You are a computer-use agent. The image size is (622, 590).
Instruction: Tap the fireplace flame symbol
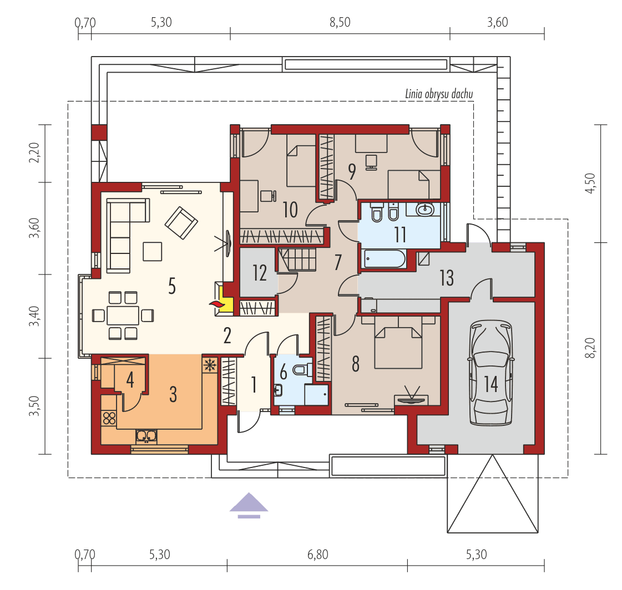pyautogui.click(x=215, y=303)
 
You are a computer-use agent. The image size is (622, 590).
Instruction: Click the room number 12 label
pyautogui.click(x=259, y=273)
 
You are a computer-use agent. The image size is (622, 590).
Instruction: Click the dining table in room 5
pyautogui.click(x=123, y=316)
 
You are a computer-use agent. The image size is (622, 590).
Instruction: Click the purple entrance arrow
pyautogui.click(x=249, y=503)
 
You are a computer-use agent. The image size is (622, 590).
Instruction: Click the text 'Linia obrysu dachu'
pyautogui.click(x=438, y=94)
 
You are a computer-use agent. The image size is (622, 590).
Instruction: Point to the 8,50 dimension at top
pyautogui.click(x=340, y=23)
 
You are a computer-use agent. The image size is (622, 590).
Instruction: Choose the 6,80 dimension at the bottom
pyautogui.click(x=317, y=554)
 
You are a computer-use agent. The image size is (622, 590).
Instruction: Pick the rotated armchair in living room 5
pyautogui.click(x=181, y=222)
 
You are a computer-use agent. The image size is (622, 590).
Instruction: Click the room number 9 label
pyautogui.click(x=351, y=172)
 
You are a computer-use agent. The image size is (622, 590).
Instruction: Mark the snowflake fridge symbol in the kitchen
pyautogui.click(x=210, y=364)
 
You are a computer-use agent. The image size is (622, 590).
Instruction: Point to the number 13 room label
pyautogui.click(x=447, y=277)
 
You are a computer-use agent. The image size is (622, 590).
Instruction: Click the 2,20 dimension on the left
pyautogui.click(x=34, y=152)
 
